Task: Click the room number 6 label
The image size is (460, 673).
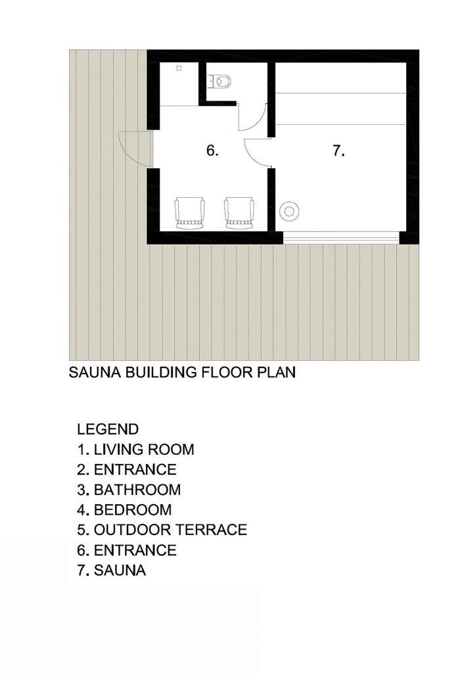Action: tap(212, 151)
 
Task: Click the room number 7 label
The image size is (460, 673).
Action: tap(338, 151)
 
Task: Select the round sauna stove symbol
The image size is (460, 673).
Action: tap(288, 211)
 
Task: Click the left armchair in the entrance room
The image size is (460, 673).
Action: tap(190, 214)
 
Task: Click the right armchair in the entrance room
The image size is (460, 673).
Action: tap(239, 214)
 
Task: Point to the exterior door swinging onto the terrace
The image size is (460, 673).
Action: tap(135, 149)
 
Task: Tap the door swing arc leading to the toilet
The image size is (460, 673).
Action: tap(253, 117)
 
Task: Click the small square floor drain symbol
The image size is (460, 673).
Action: tap(179, 68)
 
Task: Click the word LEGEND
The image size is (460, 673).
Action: tap(108, 429)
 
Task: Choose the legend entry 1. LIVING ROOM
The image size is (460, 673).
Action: tap(135, 450)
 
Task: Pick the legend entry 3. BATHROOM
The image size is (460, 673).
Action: tap(129, 490)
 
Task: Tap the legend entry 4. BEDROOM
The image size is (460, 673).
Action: tap(124, 510)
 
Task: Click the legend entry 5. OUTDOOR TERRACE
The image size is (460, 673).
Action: tap(162, 530)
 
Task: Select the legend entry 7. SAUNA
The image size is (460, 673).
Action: tap(112, 570)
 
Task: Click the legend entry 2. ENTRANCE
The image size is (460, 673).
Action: tap(127, 469)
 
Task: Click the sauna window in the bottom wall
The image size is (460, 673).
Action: tap(341, 238)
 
